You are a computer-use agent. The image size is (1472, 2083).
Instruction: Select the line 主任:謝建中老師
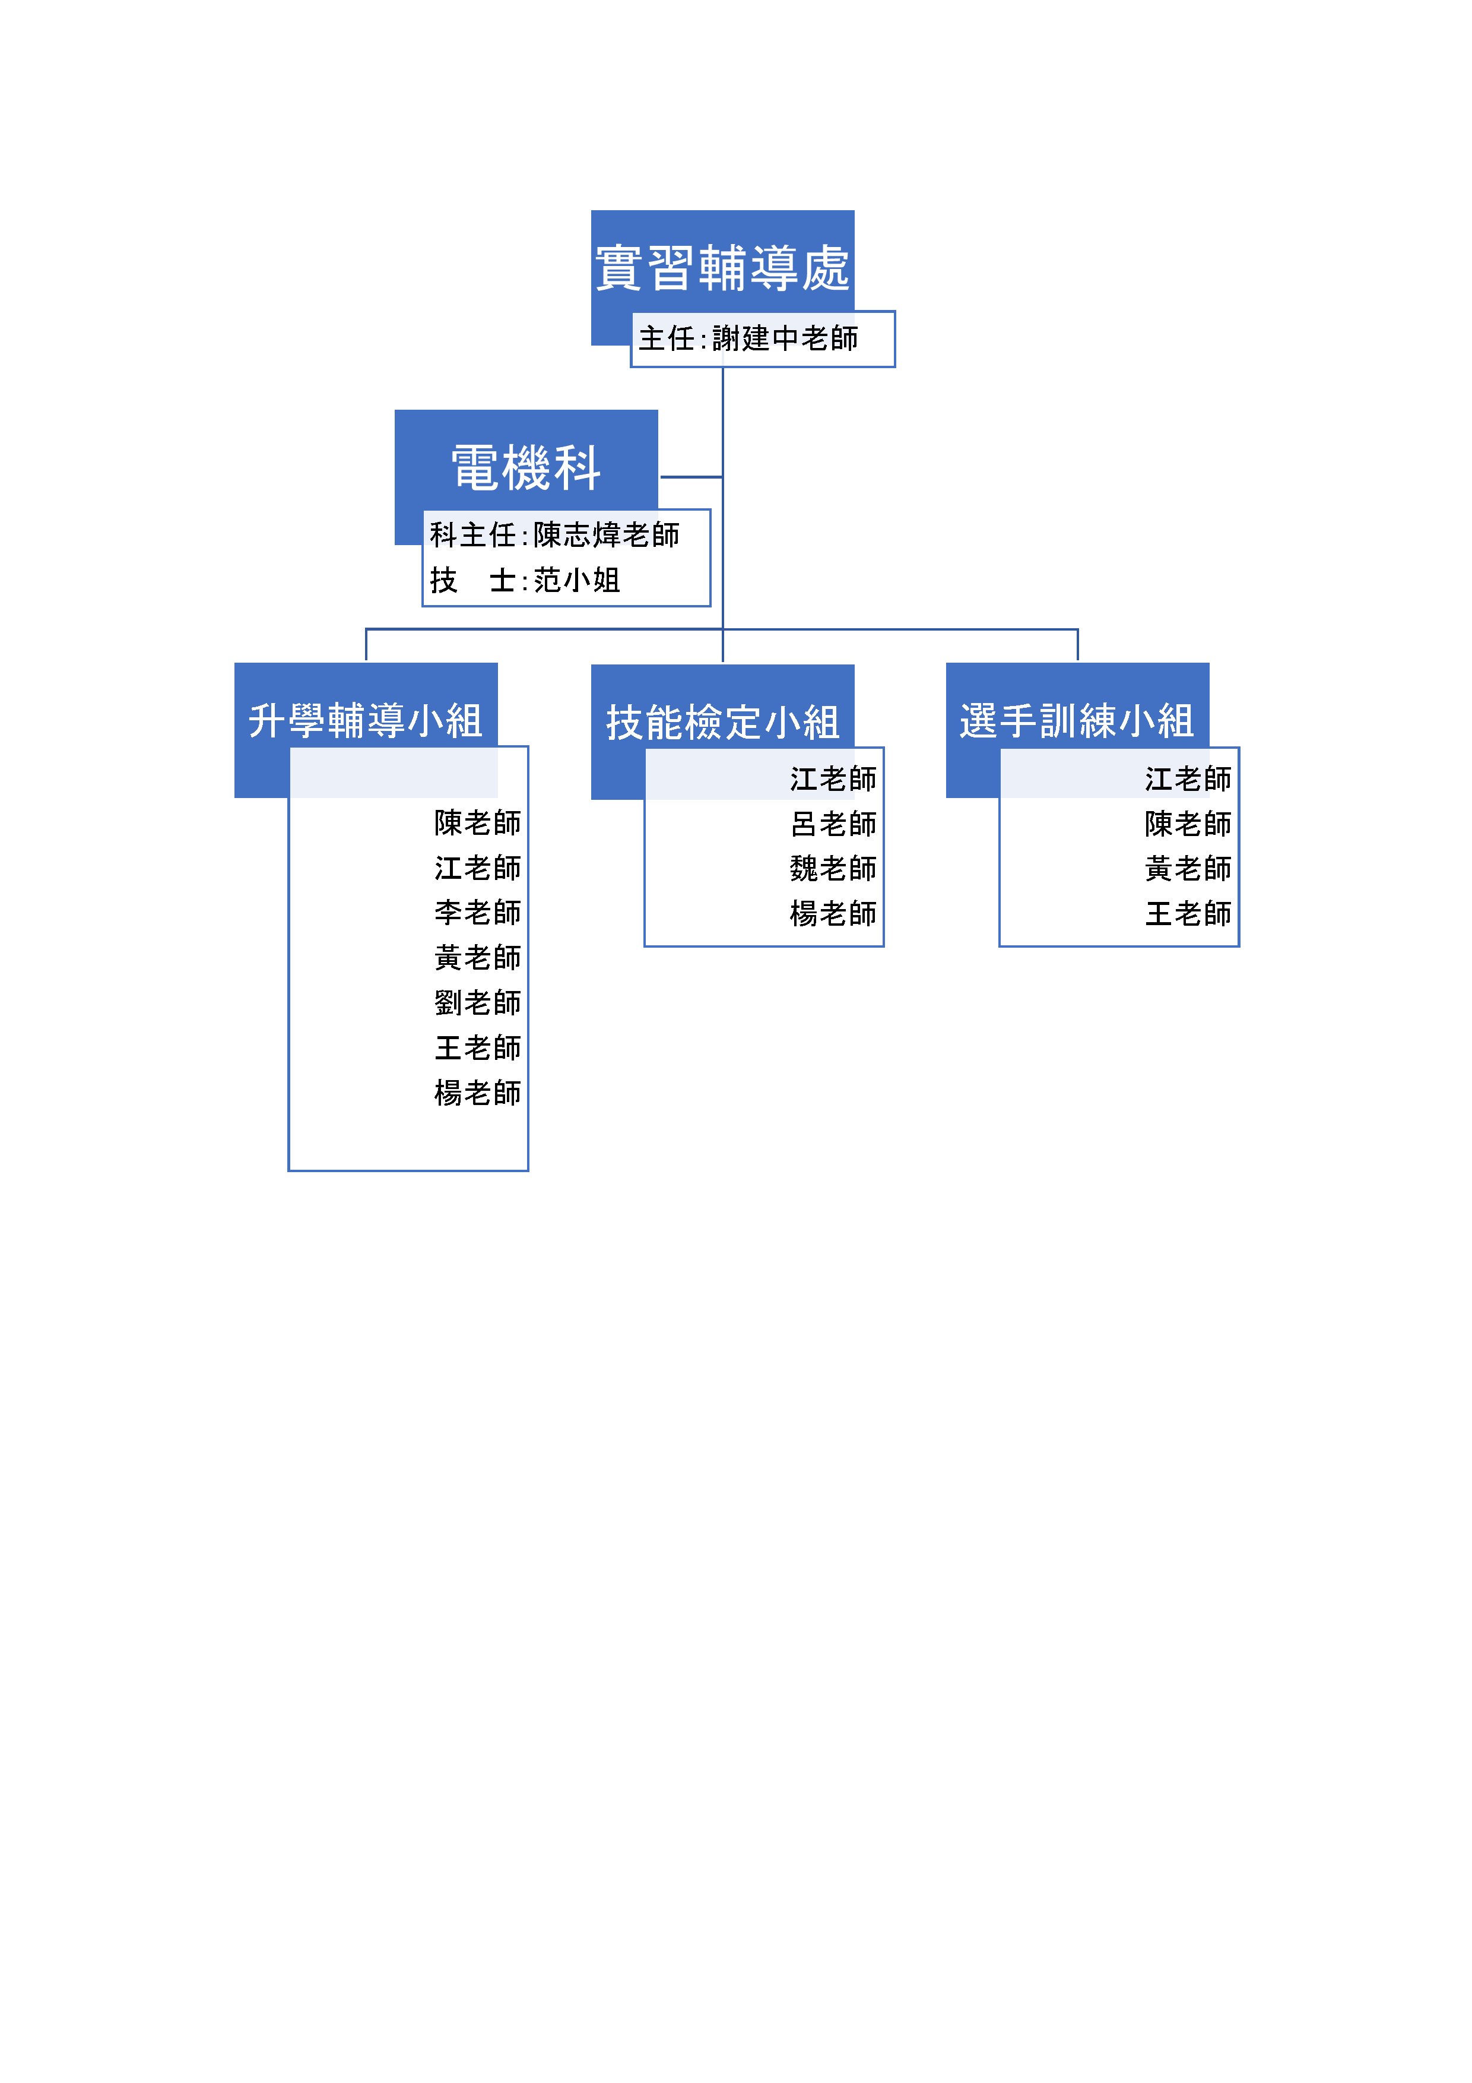[748, 338]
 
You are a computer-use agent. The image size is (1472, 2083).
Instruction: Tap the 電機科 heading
[526, 468]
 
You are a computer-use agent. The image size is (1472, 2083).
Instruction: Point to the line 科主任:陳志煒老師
[554, 534]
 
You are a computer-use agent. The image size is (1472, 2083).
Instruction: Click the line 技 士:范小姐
[525, 580]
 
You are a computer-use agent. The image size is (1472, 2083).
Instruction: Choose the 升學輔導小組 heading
[366, 721]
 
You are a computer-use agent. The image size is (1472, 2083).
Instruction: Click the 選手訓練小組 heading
[1077, 721]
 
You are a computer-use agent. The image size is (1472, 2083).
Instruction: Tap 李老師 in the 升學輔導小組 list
[478, 913]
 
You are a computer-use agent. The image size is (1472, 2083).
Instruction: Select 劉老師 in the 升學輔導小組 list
[478, 1002]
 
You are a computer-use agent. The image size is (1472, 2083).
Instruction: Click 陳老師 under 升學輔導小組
[478, 823]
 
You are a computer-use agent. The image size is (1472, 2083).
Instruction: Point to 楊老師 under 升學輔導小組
[478, 1093]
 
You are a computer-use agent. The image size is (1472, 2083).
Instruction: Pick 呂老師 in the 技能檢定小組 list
[833, 824]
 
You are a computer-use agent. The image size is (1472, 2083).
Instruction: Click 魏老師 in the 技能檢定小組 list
[833, 868]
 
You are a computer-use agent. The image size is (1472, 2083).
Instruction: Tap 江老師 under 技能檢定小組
[833, 778]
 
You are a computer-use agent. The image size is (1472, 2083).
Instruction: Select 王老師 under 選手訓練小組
[1188, 914]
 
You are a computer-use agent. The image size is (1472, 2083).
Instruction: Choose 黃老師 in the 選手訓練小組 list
[1188, 868]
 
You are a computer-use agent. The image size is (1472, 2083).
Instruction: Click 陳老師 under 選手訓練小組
[1188, 824]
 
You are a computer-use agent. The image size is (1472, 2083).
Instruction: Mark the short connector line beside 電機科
[691, 476]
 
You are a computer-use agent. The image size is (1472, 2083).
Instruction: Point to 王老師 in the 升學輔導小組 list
[478, 1048]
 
